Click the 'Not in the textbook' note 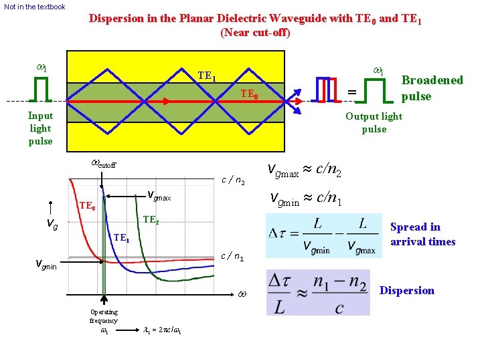(x=35, y=7)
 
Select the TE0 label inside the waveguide (x=250, y=94)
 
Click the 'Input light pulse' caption (x=40, y=128)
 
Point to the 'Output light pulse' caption (x=374, y=122)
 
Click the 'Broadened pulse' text (x=432, y=88)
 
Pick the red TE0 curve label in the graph (x=88, y=207)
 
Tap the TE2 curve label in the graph (x=151, y=219)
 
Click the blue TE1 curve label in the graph (x=121, y=238)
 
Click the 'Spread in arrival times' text (x=422, y=234)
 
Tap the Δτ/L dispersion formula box (x=317, y=292)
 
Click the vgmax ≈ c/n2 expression (x=305, y=172)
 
